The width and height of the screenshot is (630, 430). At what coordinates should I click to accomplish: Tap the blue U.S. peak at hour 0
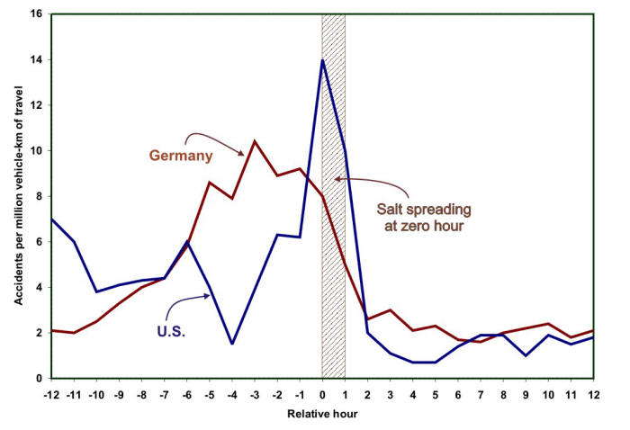(x=322, y=60)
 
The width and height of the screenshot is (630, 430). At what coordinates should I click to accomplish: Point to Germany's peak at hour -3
(x=254, y=141)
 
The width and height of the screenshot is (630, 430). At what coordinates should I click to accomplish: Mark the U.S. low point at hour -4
(x=231, y=344)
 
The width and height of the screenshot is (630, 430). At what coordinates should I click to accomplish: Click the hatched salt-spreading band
(x=333, y=270)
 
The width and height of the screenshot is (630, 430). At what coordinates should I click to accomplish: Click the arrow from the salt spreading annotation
(x=378, y=183)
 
